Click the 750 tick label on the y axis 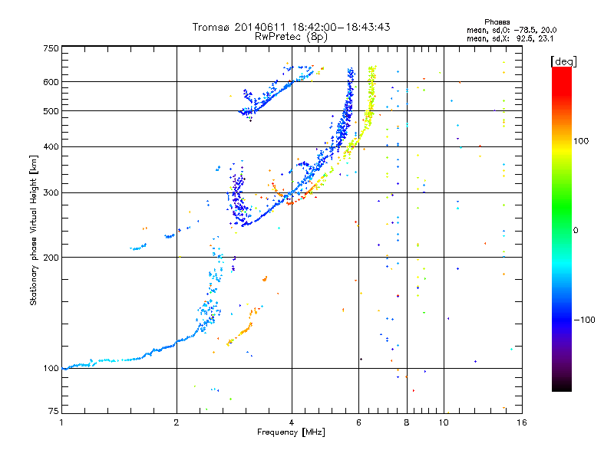[x=50, y=48]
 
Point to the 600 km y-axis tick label [x=50, y=81]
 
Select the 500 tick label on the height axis [x=50, y=110]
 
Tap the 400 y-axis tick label [x=50, y=146]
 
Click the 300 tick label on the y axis [x=50, y=192]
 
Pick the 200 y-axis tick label [x=50, y=257]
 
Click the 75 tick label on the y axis [x=52, y=412]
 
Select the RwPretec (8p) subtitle [x=291, y=36]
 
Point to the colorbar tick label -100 [x=584, y=320]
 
